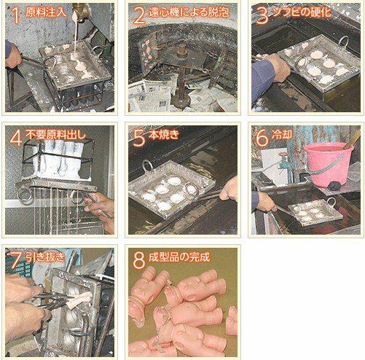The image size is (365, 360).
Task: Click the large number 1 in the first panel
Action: coord(16,16)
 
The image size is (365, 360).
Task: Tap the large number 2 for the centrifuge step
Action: coord(138,16)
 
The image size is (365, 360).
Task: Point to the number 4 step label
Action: coord(16,138)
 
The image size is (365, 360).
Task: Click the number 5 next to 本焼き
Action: coord(138,138)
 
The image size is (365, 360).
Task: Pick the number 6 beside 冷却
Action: coord(262,138)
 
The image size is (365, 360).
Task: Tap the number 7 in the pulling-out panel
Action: coord(16,260)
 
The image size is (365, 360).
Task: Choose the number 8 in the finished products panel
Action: coord(139,260)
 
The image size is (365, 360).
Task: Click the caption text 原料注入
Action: coord(46,12)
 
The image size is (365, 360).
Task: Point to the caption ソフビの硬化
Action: coord(302,12)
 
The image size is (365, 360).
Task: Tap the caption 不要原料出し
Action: coord(56,134)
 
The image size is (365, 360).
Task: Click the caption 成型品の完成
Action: coord(179,257)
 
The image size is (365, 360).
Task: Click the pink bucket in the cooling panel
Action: coord(329,164)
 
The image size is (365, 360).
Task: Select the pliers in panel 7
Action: coord(52,301)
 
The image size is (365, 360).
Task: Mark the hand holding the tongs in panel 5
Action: coord(229,189)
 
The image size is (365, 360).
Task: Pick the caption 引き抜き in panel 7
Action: coord(46,257)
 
